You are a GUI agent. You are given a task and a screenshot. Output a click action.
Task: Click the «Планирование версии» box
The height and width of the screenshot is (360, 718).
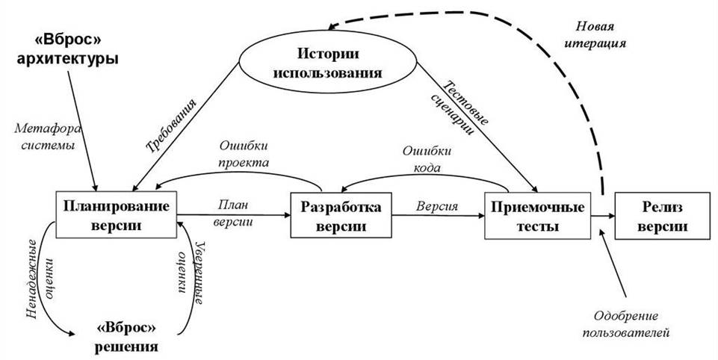coord(116,215)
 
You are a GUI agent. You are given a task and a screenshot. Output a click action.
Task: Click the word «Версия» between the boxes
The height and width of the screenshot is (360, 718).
coord(437,206)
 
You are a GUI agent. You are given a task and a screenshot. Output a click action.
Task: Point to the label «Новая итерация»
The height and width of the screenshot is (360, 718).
coord(600,34)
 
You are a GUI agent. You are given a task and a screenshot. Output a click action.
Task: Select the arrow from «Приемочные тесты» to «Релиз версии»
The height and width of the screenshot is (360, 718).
coord(602,217)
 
